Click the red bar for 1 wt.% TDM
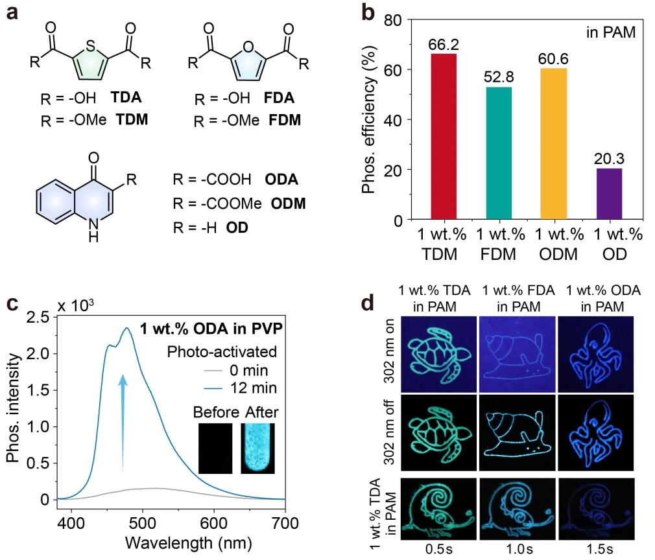coord(444,137)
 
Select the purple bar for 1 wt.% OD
coord(608,194)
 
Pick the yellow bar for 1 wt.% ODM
coord(553,143)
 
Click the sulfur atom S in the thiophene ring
coord(93,45)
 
